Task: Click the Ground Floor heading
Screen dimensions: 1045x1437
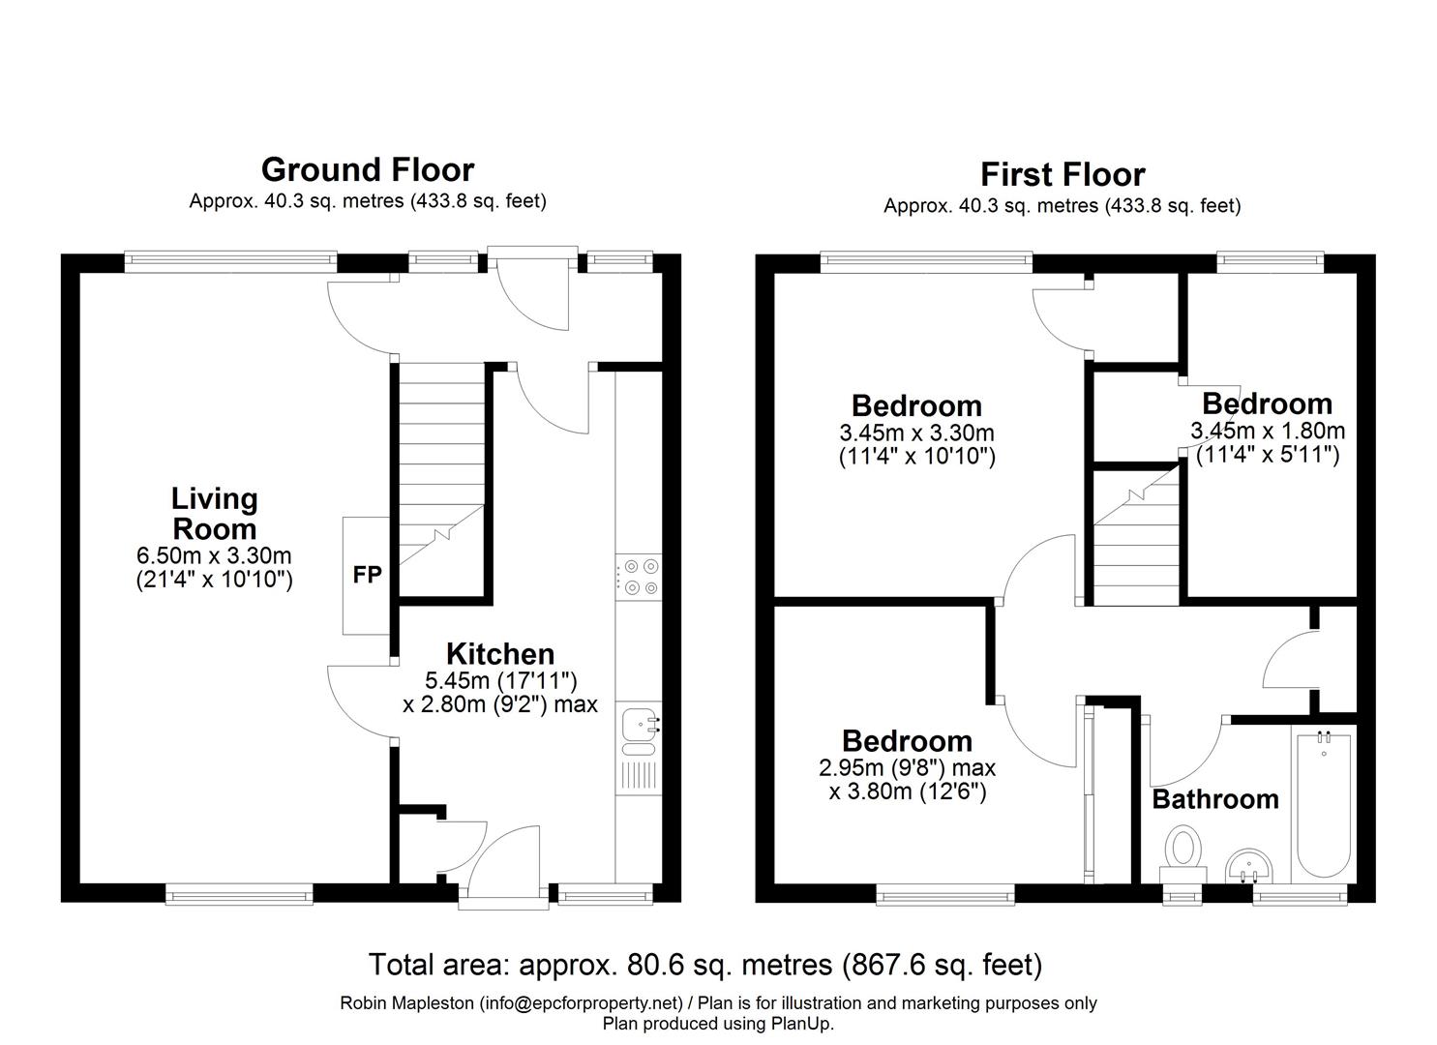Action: [368, 170]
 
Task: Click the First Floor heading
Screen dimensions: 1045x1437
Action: [1062, 175]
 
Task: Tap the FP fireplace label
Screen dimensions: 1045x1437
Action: [367, 575]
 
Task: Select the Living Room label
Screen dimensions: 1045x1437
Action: [214, 514]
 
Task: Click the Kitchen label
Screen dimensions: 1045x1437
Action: [499, 653]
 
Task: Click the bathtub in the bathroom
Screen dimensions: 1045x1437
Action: [1323, 804]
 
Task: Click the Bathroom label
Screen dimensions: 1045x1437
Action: [1214, 799]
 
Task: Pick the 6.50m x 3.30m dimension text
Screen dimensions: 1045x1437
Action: [214, 556]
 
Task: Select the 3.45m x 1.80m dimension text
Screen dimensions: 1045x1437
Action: [1267, 431]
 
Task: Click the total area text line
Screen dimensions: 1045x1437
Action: [705, 965]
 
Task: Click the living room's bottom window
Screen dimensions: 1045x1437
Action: [239, 896]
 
